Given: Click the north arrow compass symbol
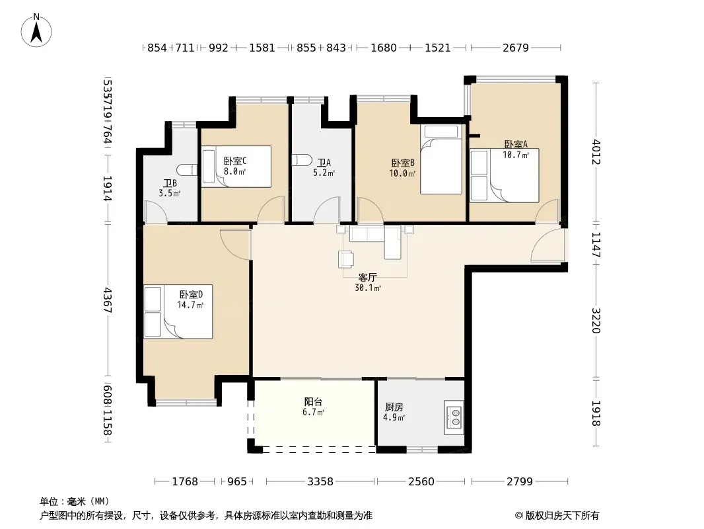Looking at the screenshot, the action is click(x=36, y=30).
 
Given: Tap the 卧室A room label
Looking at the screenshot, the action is click(x=516, y=144).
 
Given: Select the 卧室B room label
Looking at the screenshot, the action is click(x=403, y=163).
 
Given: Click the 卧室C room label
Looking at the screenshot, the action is click(x=235, y=161).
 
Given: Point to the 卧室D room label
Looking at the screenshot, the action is click(x=191, y=294).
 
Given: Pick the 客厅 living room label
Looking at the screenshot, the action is click(x=367, y=277).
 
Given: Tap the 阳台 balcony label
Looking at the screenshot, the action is click(x=313, y=402).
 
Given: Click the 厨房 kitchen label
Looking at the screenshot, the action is click(x=394, y=407).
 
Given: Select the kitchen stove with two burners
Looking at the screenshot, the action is click(x=454, y=417).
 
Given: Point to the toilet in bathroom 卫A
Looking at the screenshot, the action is click(x=302, y=159).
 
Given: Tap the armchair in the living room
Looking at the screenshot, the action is click(x=346, y=259).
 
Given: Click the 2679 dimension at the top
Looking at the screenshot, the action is click(x=515, y=48).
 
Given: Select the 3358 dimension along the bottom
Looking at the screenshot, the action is click(x=320, y=482).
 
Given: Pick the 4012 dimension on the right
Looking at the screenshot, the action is click(x=596, y=152).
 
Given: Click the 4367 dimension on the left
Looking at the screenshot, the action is click(x=107, y=300).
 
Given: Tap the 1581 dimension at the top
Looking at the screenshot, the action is click(x=262, y=48).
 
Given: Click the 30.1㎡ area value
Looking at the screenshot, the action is click(x=368, y=288).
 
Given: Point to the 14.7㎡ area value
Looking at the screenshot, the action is click(x=190, y=305).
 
